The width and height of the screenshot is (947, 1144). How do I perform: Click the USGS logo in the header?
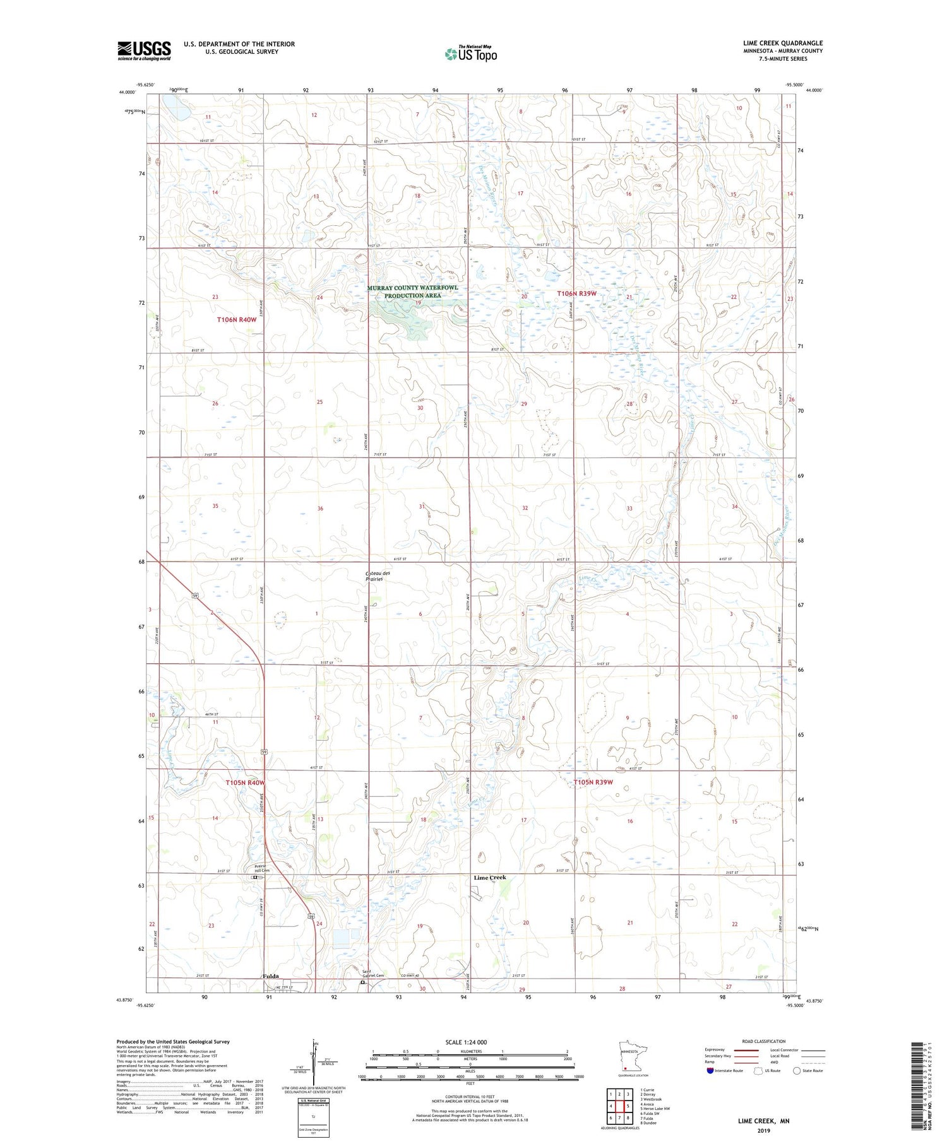click(144, 50)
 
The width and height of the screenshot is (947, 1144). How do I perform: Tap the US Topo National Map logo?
click(471, 54)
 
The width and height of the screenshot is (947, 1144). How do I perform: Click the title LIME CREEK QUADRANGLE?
click(783, 43)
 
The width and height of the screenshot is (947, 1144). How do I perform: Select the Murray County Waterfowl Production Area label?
click(413, 292)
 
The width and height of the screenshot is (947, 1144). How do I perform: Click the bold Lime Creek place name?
click(490, 878)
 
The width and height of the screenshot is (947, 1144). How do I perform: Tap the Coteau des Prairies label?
click(378, 576)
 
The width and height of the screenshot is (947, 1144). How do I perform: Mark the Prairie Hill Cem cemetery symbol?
click(254, 877)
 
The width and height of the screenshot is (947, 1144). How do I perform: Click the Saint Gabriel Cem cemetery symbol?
click(362, 982)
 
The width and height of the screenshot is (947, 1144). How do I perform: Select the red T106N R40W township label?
click(237, 320)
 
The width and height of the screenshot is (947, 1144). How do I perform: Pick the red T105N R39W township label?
click(593, 782)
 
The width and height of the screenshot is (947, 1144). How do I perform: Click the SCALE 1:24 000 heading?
click(467, 1042)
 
